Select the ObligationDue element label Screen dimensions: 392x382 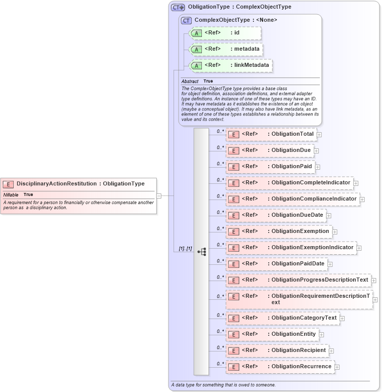pos(291,150)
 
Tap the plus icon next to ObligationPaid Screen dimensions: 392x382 pos(318,167)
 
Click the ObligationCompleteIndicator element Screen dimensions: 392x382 pos(289,183)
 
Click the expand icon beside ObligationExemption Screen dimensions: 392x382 pos(335,231)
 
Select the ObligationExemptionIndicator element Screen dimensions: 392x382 pos(291,248)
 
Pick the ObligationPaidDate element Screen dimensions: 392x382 pos(276,264)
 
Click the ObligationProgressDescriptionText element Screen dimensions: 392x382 pos(298,280)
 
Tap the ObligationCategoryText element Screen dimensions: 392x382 pos(282,318)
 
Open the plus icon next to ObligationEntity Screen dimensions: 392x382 pos(322,334)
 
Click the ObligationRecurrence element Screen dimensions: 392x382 pos(280,367)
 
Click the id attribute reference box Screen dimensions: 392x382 pos(225,33)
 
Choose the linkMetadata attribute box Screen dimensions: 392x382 pos(230,65)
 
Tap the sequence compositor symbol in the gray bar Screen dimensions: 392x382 pos(201,251)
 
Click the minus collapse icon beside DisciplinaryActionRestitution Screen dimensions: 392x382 pos(159,195)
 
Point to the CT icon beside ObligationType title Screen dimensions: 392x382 pos(178,7)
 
